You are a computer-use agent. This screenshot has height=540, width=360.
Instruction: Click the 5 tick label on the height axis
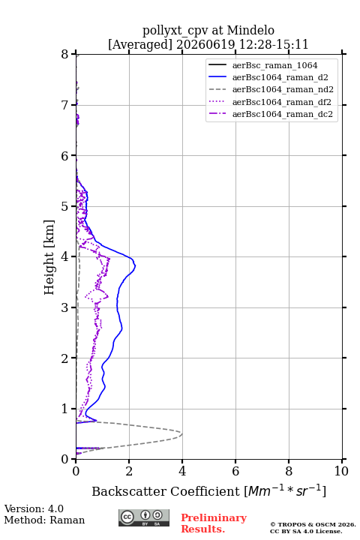click(65, 206)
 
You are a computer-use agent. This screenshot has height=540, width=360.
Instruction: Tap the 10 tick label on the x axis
click(341, 471)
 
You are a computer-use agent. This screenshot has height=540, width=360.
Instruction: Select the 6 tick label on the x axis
click(235, 471)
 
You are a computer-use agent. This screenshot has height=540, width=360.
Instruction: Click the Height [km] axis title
click(49, 257)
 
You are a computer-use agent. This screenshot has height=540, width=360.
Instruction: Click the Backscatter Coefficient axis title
click(208, 490)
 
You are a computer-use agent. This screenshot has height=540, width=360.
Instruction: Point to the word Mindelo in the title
click(250, 30)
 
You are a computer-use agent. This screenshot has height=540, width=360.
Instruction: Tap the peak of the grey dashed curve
click(182, 433)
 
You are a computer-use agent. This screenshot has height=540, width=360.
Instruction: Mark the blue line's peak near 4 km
click(135, 265)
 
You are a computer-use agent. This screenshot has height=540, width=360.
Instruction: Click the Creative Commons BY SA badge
click(144, 517)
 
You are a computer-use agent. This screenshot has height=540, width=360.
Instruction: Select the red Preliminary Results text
click(214, 523)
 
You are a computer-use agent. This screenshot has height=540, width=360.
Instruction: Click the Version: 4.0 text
click(34, 509)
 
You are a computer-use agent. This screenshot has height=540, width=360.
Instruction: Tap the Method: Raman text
click(44, 520)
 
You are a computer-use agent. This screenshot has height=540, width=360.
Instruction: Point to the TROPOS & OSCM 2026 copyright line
click(313, 524)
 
